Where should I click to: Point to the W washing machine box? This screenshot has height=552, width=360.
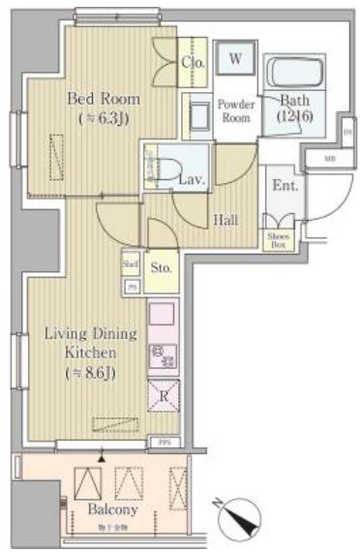[x=235, y=58]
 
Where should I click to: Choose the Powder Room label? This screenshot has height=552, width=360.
[x=235, y=110]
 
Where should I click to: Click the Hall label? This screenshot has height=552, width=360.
[x=225, y=220]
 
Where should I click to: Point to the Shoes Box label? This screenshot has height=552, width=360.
[x=278, y=241]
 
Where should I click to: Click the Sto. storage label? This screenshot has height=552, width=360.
[x=162, y=266]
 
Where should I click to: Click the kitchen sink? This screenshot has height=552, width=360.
[x=162, y=317]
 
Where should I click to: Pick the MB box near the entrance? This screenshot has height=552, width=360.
[x=329, y=158]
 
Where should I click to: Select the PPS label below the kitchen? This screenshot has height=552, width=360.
[x=164, y=443]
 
